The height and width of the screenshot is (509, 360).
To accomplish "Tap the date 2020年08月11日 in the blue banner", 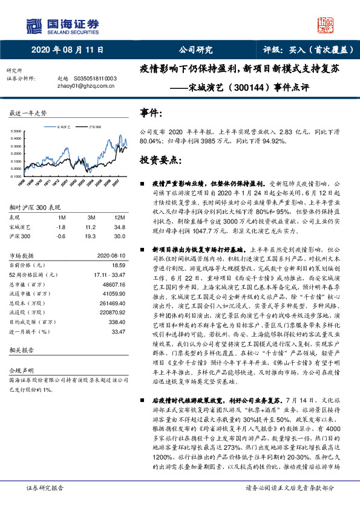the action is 67,50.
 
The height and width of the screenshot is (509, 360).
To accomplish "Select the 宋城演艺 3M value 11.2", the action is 91,227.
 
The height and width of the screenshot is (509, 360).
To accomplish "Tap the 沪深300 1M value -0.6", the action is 61,236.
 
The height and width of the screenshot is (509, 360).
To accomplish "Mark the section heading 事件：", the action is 151,113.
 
